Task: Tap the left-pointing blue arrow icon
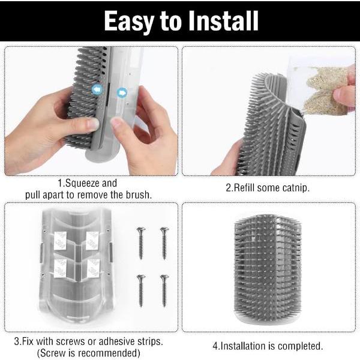(x=97, y=89)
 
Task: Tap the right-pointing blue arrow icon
(x=122, y=92)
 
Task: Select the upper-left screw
(x=141, y=244)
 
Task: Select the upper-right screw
(x=164, y=244)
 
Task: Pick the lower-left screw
(x=141, y=291)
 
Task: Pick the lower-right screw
(x=164, y=291)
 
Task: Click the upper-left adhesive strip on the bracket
(x=60, y=241)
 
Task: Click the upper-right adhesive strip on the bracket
(x=92, y=241)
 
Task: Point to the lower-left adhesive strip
(x=60, y=269)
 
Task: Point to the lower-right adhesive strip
(x=94, y=269)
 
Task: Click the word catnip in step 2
(x=296, y=188)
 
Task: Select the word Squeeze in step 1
(x=82, y=184)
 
